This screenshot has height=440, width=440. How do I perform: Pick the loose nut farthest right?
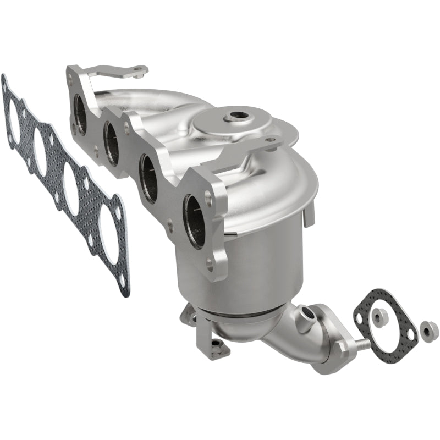pos(428,330)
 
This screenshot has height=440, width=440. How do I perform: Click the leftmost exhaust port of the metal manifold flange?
pos(80,114)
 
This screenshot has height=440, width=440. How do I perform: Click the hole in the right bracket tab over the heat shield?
pos(270,141)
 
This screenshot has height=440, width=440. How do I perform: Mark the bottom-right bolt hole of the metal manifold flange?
pos(210,263)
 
